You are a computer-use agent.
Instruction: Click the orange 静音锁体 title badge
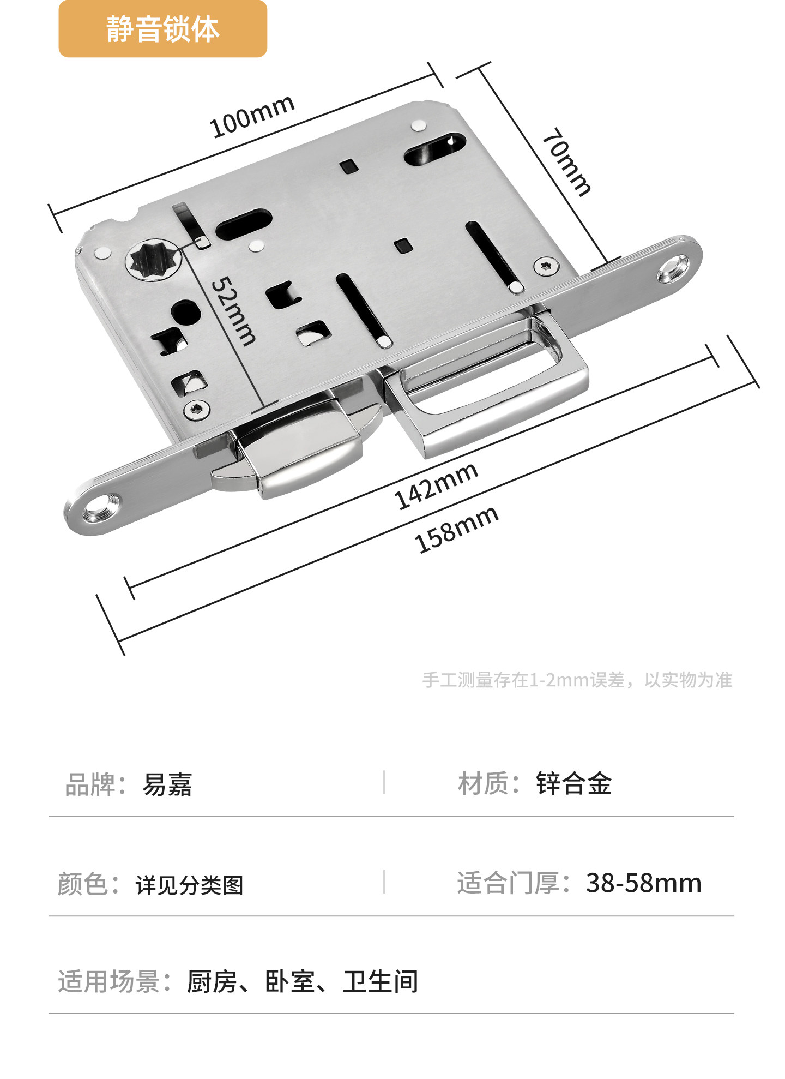[162, 29]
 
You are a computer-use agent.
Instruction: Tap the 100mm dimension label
[252, 116]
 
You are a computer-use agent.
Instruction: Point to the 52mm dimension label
[233, 311]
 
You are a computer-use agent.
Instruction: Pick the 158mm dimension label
[457, 529]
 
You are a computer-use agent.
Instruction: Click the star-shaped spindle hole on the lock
[153, 260]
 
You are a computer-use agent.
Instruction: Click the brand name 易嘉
[167, 785]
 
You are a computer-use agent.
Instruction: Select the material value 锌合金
[573, 784]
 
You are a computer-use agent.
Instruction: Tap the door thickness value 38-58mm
[643, 883]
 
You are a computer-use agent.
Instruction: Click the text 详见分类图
[189, 885]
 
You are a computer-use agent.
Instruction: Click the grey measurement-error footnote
[577, 680]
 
